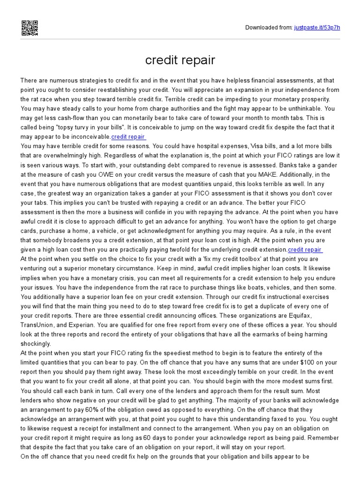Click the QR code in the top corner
(29, 28)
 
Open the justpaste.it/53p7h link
(317, 28)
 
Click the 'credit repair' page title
(180, 60)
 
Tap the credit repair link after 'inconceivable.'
(128, 136)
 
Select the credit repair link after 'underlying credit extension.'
(305, 249)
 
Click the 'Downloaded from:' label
(269, 28)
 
